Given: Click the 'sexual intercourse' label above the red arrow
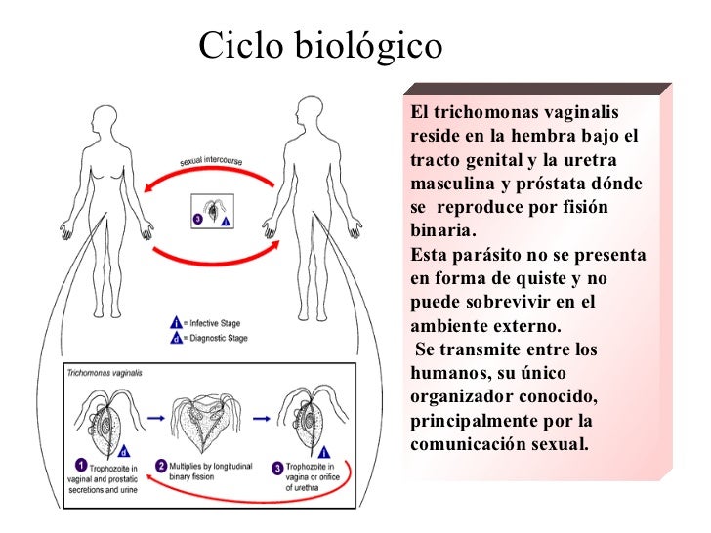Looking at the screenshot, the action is point(211,160).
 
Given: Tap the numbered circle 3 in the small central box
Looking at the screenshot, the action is point(197,220).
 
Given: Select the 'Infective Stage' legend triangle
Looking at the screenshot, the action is point(176,323).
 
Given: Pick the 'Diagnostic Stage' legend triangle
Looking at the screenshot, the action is point(176,338).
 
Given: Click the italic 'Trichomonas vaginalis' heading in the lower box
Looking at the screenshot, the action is point(105,373).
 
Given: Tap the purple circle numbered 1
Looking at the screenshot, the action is point(81,465).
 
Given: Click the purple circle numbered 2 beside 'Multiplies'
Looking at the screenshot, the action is point(161,466).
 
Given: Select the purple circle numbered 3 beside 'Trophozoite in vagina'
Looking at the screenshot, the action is point(277,469).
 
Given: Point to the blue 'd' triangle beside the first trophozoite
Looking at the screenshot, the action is point(124,451).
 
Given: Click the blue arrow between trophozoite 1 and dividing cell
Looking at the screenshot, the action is point(156,418).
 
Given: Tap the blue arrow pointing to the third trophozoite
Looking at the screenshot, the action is point(262,419).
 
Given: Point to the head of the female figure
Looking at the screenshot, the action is point(105,120).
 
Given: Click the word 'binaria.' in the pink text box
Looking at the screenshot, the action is point(443,230).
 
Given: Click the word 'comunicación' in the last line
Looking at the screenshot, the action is point(468,444).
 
